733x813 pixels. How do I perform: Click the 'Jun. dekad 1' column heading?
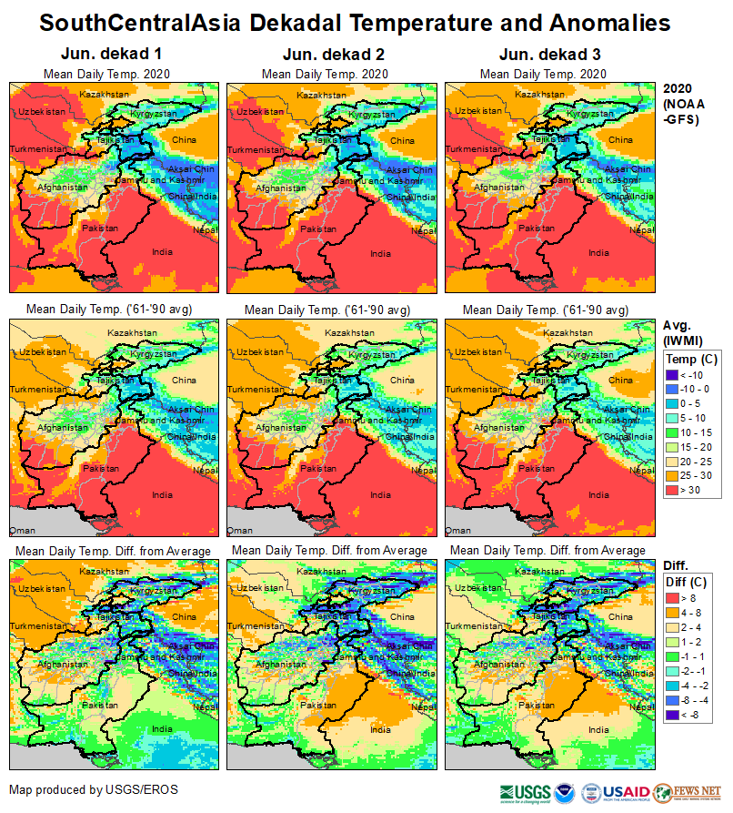click(106, 55)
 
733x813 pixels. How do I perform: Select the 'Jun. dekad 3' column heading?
click(542, 55)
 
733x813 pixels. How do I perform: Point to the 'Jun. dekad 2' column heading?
click(325, 55)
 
